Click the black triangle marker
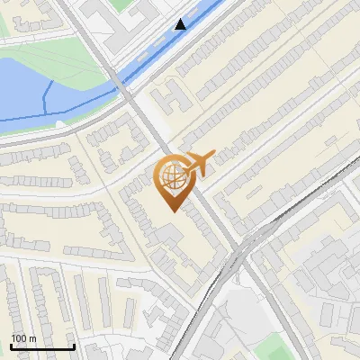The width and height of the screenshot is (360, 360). [x=182, y=23]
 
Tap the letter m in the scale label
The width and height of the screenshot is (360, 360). [x=33, y=337]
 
